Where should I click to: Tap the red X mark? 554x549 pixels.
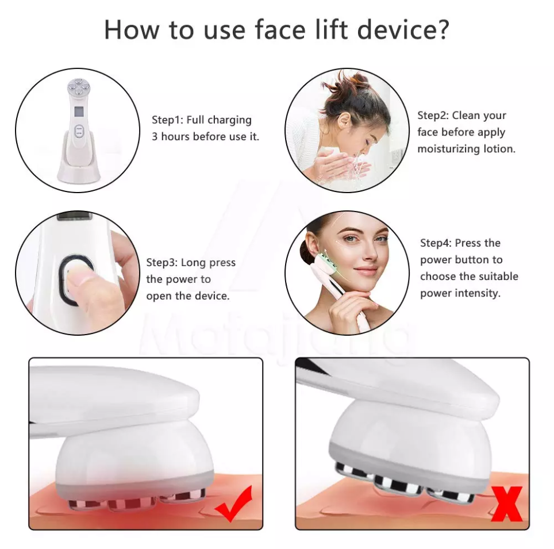click(506, 503)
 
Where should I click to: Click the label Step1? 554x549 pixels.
click(167, 120)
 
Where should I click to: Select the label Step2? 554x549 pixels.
click(433, 116)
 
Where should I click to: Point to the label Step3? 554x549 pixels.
click(161, 263)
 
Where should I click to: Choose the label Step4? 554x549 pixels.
click(436, 243)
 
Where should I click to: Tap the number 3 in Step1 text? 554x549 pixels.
click(155, 137)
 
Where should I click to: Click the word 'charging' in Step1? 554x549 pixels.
click(229, 120)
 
